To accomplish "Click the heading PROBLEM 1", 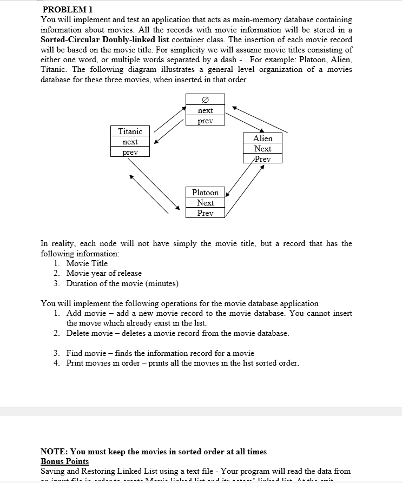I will pyautogui.click(x=67, y=9).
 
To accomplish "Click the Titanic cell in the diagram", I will pyautogui.click(x=130, y=131).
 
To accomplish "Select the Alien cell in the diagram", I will pyautogui.click(x=262, y=138).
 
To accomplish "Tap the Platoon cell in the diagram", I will pyautogui.click(x=205, y=193).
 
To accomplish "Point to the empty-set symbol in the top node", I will pyautogui.click(x=205, y=100).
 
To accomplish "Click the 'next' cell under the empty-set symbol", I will pyautogui.click(x=205, y=110).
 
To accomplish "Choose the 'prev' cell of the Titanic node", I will pyautogui.click(x=130, y=152).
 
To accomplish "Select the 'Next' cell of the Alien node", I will pyautogui.click(x=262, y=149).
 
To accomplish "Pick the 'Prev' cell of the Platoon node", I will pyautogui.click(x=205, y=213).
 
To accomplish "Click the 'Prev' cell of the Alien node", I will pyautogui.click(x=262, y=159).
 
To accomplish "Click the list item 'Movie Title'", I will pyautogui.click(x=87, y=263).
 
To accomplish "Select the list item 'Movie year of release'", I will pyautogui.click(x=104, y=273).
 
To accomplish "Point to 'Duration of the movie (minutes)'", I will pyautogui.click(x=122, y=283).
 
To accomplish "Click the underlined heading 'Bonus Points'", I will pyautogui.click(x=64, y=461).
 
